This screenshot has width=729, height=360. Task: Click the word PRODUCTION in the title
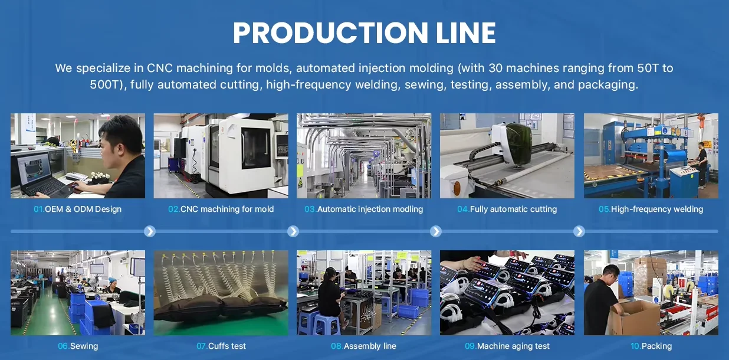330,32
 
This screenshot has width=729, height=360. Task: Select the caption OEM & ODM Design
83,209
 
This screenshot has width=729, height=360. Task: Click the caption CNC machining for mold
227,209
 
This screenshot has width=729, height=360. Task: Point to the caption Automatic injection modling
370,209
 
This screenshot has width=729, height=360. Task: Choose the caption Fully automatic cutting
513,209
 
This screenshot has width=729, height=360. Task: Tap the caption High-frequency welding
657,209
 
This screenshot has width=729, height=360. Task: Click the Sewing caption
84,346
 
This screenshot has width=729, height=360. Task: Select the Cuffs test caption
227,346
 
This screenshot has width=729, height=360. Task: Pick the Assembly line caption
370,346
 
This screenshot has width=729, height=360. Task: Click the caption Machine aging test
513,346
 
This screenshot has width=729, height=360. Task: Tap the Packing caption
656,346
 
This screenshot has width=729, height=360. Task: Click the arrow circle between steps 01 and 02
150,231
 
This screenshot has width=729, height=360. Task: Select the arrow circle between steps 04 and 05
579,231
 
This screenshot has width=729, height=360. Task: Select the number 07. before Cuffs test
202,346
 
